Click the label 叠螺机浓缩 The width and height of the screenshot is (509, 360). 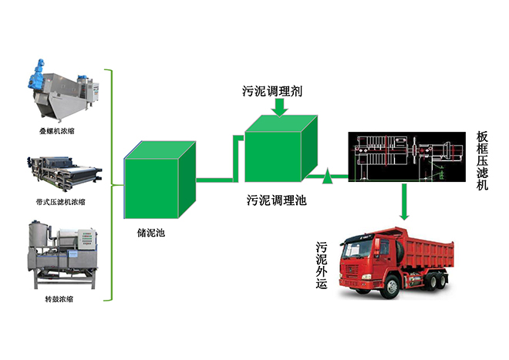tap(63, 131)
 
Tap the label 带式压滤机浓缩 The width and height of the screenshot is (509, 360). tap(63, 201)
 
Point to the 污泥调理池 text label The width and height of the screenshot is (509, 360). tap(276, 201)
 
